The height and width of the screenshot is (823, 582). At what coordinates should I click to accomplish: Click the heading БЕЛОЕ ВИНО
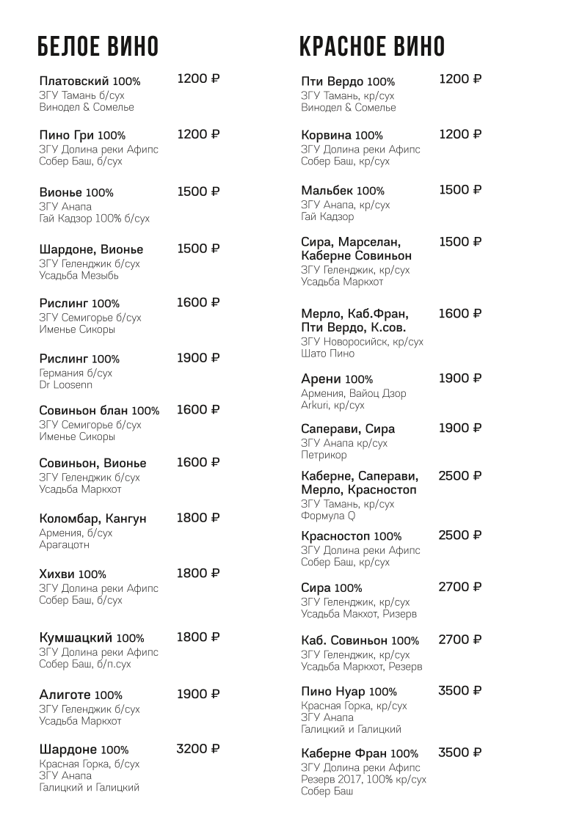pos(98,46)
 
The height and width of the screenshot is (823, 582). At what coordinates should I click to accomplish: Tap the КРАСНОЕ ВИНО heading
pos(371,46)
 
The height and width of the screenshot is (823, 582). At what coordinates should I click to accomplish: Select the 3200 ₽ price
pos(198,749)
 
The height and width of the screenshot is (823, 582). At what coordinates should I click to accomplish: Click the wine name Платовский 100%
pos(90,81)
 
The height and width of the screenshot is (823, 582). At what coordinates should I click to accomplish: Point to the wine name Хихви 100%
pos(73,574)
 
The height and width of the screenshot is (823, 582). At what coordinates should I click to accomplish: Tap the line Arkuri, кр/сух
pos(332,405)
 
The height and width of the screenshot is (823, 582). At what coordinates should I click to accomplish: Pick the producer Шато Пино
pos(327,354)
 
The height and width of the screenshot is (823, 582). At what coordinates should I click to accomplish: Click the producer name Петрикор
pos(324,455)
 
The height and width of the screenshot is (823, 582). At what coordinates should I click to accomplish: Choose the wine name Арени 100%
pos(337,379)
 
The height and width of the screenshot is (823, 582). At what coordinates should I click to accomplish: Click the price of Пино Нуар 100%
pos(460,690)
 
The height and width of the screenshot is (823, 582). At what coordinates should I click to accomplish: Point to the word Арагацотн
pos(65,545)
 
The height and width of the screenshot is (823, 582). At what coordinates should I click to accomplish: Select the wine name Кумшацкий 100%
pos(91,637)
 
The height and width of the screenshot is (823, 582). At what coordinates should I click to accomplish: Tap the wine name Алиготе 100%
pos(81,695)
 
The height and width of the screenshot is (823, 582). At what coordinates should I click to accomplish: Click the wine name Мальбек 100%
pos(343,191)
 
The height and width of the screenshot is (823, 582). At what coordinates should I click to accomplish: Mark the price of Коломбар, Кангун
pos(198,518)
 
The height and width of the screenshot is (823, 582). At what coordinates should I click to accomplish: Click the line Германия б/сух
pos(76,373)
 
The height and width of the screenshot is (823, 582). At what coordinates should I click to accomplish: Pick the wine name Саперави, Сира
pos(348,429)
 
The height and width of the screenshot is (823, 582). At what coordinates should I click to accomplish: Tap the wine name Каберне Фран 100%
pos(360,753)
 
